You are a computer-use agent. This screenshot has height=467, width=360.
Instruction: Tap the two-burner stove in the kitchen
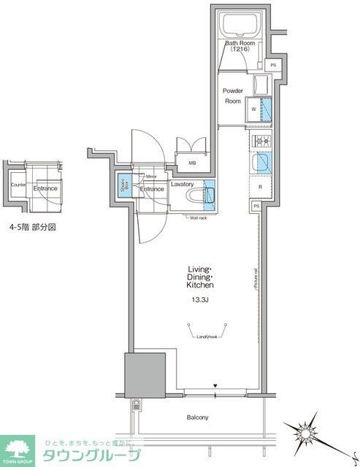[x=261, y=141]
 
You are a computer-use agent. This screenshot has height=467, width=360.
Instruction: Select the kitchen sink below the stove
[x=262, y=163]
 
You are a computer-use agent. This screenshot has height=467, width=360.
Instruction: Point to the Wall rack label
[x=199, y=217]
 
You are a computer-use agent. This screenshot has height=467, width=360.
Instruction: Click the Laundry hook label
[x=207, y=336]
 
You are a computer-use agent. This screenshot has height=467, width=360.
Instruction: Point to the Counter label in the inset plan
[x=19, y=185]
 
